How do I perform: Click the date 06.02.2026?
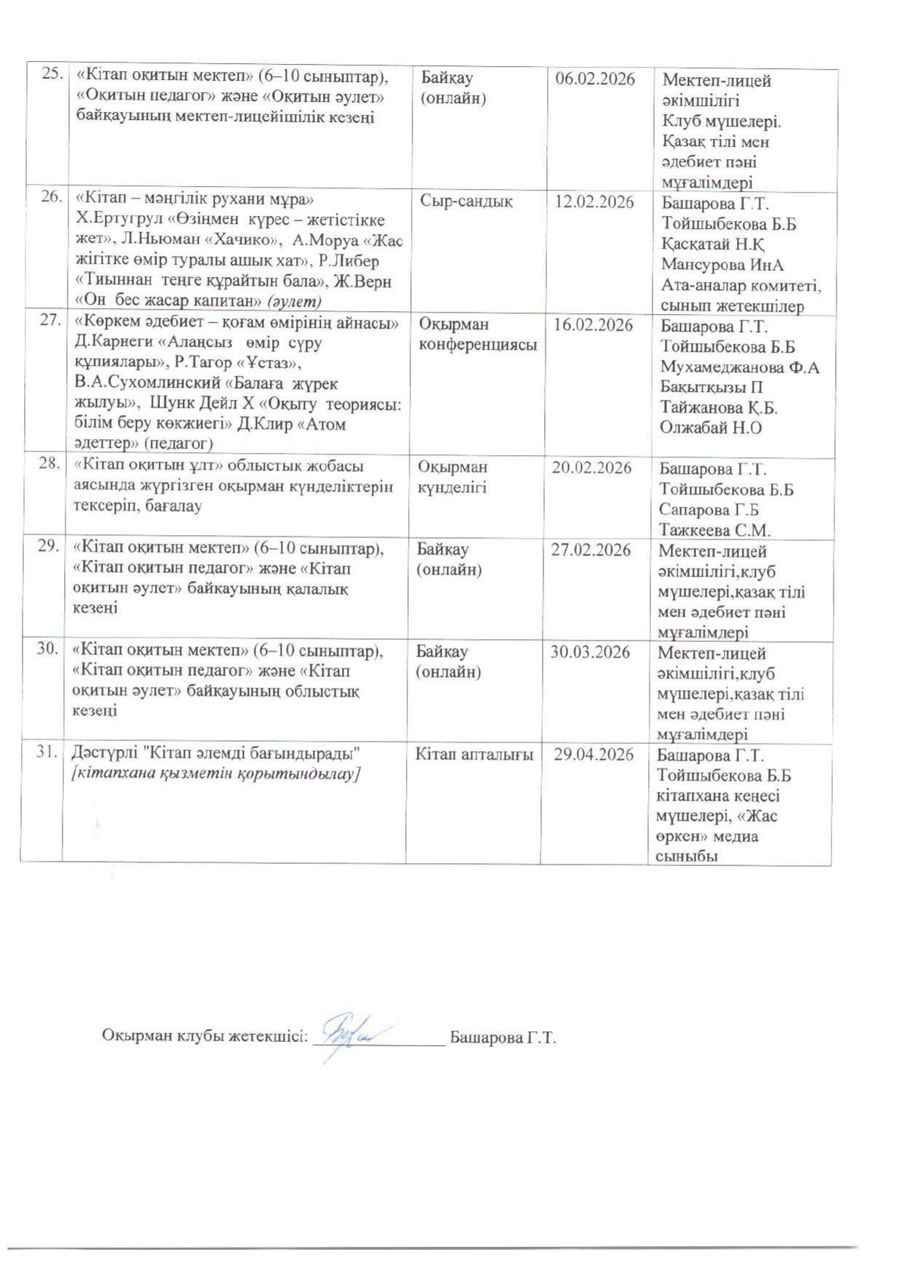point(595,79)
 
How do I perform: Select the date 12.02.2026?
point(594,202)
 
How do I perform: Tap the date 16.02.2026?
point(594,325)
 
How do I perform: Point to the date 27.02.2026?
point(591,550)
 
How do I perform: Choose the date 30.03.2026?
point(590,652)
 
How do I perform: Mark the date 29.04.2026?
point(594,755)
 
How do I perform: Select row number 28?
point(48,463)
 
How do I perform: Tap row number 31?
point(47,752)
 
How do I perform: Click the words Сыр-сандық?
point(466,201)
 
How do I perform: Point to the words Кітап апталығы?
point(474,755)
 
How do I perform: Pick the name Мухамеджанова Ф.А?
point(739,368)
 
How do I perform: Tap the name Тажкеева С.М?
point(714,531)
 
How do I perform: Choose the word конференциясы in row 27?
point(478,345)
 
